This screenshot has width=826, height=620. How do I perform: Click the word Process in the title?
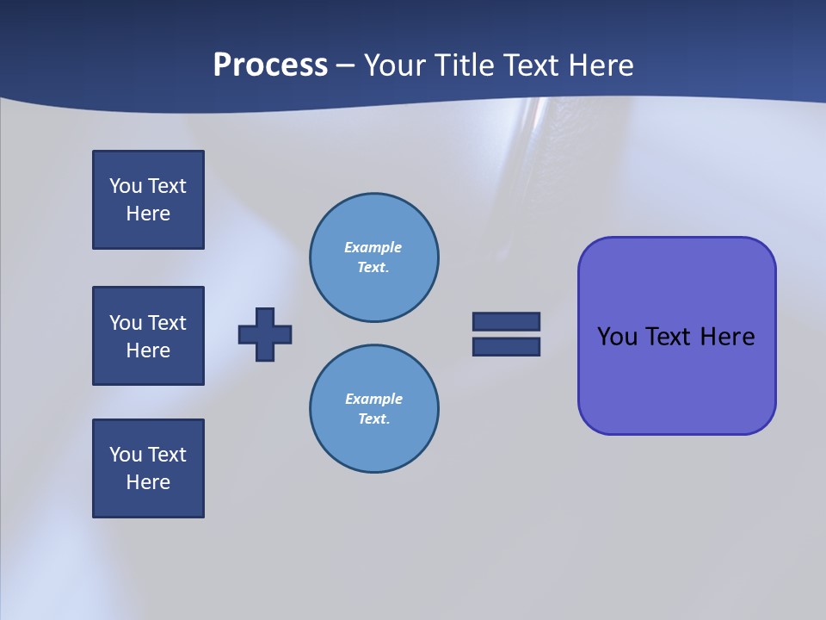270,65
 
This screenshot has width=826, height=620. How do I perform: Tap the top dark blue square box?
148,200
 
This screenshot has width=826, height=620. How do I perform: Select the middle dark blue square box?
148,336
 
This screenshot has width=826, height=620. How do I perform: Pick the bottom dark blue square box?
148,468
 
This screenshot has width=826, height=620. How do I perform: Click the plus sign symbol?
265,334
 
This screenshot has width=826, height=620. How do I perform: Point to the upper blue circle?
373,257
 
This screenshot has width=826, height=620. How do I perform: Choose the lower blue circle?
373,409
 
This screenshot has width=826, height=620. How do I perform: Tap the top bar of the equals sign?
506,321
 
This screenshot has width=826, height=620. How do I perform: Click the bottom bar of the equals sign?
506,347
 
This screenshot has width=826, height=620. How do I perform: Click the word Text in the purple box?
669,337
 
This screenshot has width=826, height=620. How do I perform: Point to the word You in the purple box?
617,337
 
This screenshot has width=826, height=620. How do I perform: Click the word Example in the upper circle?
373,247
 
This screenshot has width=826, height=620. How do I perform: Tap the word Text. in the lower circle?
373,419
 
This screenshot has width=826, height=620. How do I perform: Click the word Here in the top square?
148,214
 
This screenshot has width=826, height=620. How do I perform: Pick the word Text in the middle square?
168,323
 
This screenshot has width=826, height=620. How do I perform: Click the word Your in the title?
395,65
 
